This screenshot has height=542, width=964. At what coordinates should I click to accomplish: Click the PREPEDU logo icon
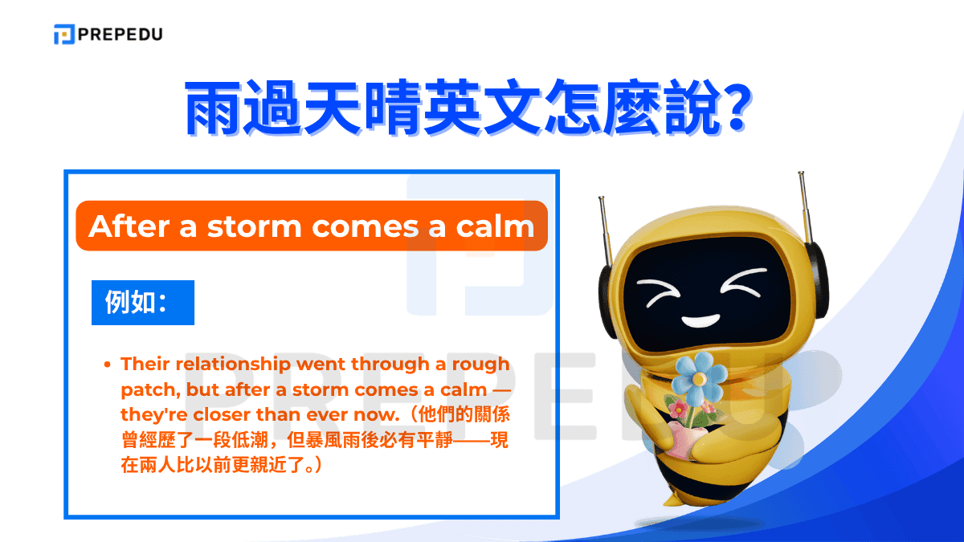point(64,35)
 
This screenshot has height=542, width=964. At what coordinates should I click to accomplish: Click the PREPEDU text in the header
point(120,35)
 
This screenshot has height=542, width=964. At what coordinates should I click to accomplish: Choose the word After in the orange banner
point(125,226)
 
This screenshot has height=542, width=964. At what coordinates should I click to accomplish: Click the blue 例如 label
point(142,302)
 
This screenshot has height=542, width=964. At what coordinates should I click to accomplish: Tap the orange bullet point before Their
point(108,365)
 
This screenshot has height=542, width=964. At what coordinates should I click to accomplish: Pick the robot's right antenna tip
point(800,174)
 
